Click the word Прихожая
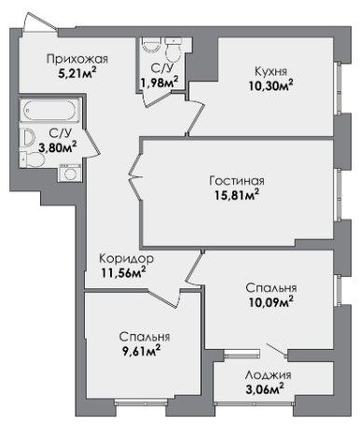pyautogui.click(x=77, y=59)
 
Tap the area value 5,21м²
pyautogui.click(x=76, y=74)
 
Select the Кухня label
pyautogui.click(x=270, y=71)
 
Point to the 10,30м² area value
pyautogui.click(x=270, y=85)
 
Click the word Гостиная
pyautogui.click(x=237, y=181)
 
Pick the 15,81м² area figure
pyautogui.click(x=237, y=195)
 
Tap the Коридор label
pyautogui.click(x=126, y=258)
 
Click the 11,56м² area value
pyautogui.click(x=124, y=273)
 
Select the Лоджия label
pyautogui.click(x=268, y=375)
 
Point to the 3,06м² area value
pyautogui.click(x=265, y=389)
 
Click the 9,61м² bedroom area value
pyautogui.click(x=141, y=352)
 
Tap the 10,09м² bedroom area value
pyautogui.click(x=270, y=302)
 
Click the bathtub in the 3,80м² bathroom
pyautogui.click(x=50, y=110)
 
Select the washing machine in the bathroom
pyautogui.click(x=71, y=173)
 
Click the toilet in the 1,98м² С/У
pyautogui.click(x=173, y=49)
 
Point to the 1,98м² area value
pyautogui.click(x=159, y=83)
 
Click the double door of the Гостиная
pyautogui.click(x=136, y=177)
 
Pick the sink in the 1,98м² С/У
pyautogui.click(x=151, y=46)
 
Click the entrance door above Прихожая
pyautogui.click(x=40, y=22)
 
